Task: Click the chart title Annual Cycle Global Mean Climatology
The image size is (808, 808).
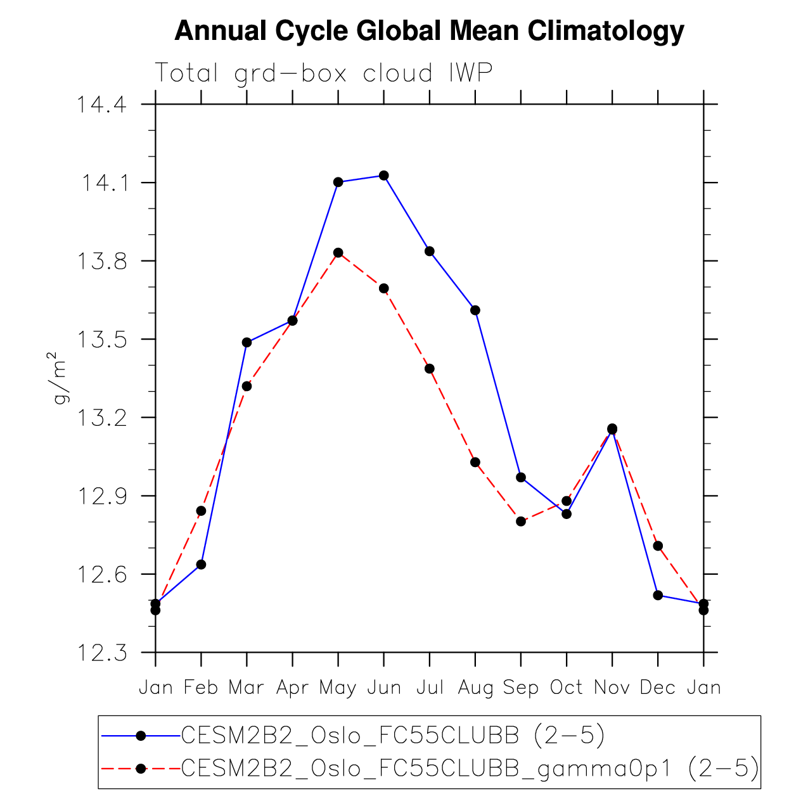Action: click(x=429, y=31)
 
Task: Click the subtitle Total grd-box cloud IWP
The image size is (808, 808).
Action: click(x=323, y=74)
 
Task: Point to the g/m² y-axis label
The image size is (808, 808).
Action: click(x=60, y=378)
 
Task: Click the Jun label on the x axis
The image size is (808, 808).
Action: click(x=384, y=688)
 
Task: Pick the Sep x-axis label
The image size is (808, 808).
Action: click(x=520, y=688)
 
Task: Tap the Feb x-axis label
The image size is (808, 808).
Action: click(x=201, y=688)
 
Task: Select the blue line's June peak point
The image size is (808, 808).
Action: click(x=384, y=176)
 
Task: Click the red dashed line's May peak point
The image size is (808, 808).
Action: click(x=338, y=253)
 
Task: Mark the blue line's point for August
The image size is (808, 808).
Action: click(x=475, y=310)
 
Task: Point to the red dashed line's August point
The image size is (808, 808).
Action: click(x=475, y=462)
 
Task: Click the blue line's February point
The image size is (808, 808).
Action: click(x=202, y=565)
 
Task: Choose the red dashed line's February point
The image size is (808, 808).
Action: click(x=202, y=511)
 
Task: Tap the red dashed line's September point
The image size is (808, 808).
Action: click(x=521, y=522)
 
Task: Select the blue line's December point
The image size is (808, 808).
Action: click(x=658, y=595)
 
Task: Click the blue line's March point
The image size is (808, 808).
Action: click(x=247, y=342)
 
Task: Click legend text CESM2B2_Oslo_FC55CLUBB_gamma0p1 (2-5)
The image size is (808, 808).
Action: click(x=470, y=768)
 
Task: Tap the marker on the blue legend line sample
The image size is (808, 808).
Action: click(x=141, y=735)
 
